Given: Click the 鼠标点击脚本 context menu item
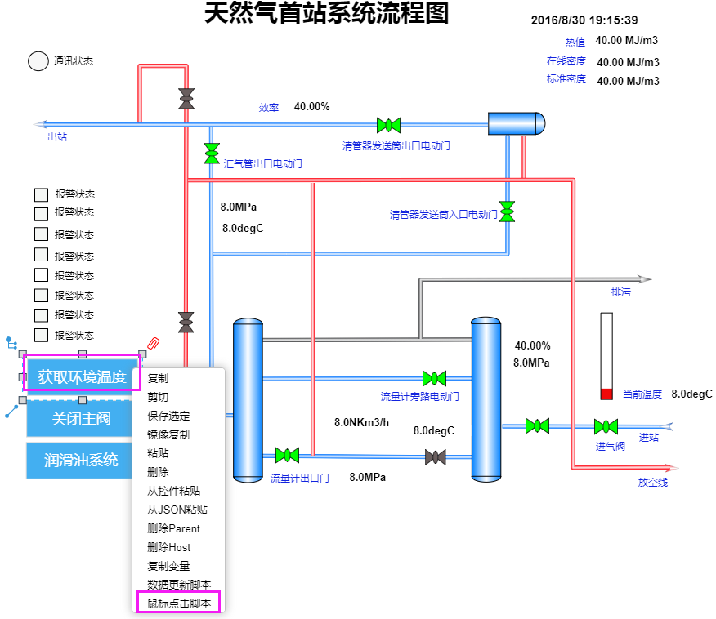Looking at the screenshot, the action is coord(179,603).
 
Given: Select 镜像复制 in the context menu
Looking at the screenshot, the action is coord(168,434).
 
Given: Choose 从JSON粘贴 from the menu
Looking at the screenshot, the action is coord(177,510).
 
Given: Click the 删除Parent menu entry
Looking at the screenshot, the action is coord(173,528).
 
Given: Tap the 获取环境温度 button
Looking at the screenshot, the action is coord(82,376).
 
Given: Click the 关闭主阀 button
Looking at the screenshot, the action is coord(81,418).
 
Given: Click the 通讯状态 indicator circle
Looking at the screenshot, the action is coord(38,61).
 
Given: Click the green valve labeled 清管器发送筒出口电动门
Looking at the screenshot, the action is coord(388,125).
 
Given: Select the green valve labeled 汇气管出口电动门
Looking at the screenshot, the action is coord(212,154).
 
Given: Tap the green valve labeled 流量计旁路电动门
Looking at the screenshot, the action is coord(434,378).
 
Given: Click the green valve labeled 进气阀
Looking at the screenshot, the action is coord(606,426).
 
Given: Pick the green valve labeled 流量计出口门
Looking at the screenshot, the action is coord(287,455).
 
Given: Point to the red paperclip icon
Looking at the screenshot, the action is coord(154,343).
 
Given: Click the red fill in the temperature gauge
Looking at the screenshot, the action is coord(606,394).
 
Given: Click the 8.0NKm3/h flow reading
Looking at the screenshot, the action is coord(361,422).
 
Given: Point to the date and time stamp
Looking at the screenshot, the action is coord(584,20).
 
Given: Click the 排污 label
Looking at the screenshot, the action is coord(621,292).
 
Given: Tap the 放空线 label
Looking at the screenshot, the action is coord(653,482).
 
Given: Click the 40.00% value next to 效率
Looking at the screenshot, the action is coord(312,106).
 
